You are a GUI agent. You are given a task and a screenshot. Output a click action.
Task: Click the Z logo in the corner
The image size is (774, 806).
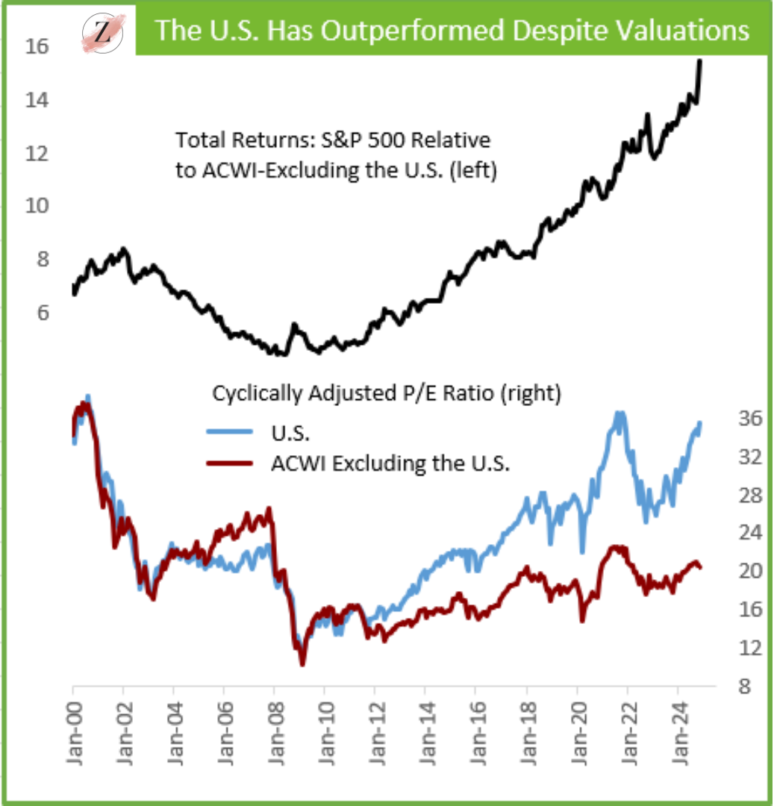tap(102, 31)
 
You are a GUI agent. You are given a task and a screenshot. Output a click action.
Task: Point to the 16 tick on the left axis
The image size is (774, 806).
tap(38, 47)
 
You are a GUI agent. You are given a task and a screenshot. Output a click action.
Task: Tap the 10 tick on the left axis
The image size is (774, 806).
tap(38, 206)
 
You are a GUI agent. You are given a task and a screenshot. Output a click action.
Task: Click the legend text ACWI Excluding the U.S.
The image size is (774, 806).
tap(390, 463)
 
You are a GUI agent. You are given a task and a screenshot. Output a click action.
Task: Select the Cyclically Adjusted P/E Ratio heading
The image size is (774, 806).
tap(386, 393)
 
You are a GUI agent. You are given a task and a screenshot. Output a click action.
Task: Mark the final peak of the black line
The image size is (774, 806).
tap(700, 61)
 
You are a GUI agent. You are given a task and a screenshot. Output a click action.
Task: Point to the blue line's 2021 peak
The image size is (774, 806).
tap(619, 413)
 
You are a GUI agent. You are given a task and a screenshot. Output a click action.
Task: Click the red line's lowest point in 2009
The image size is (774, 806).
tap(302, 663)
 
